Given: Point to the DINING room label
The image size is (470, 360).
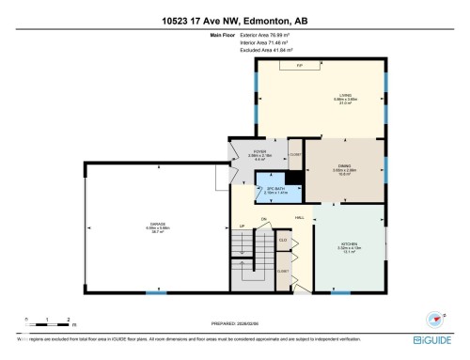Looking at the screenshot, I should (344, 168).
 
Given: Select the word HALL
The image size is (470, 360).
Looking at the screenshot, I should (299, 218).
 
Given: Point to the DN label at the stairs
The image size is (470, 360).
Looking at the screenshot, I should (266, 220).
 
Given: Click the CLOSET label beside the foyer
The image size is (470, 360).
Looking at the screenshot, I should (294, 154).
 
